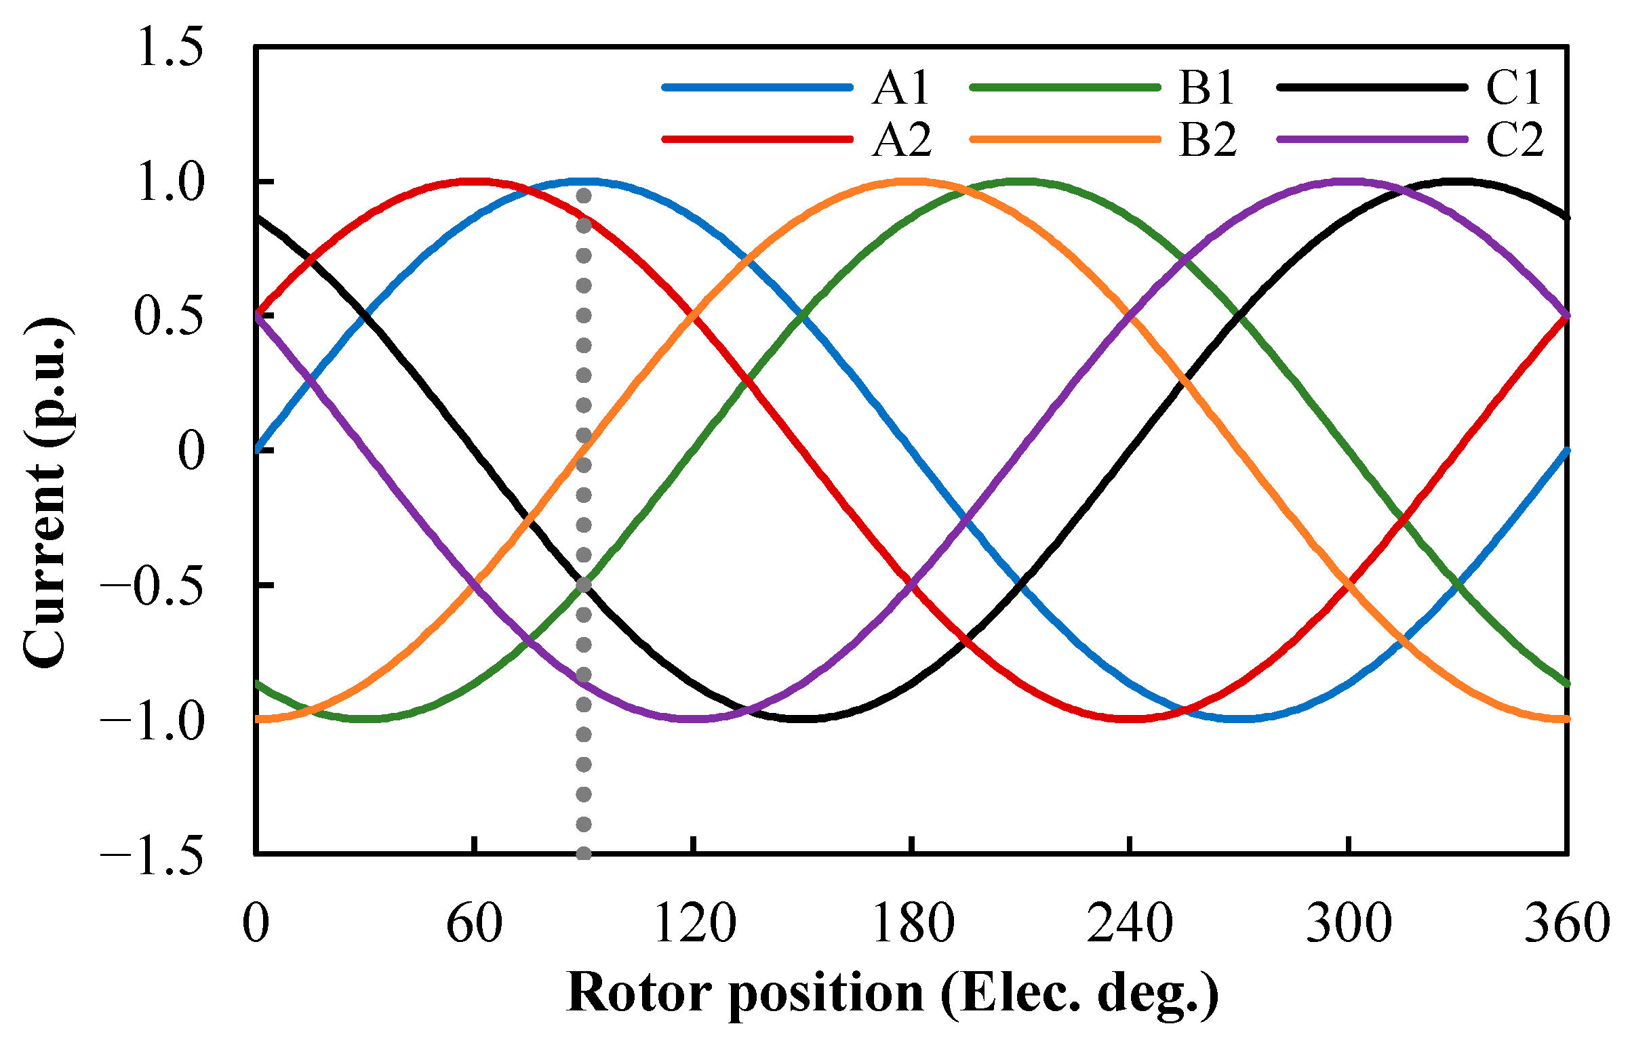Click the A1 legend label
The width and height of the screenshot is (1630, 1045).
coord(901,88)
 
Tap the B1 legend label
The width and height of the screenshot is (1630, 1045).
coord(1206,88)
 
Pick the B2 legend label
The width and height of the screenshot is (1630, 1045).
coord(1208,140)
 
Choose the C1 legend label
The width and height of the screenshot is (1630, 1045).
coord(1514,88)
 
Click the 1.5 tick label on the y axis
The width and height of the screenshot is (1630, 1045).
coord(170,49)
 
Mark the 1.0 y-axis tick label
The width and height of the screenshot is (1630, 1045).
coord(170,183)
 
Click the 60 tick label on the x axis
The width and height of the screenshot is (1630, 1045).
coord(474,924)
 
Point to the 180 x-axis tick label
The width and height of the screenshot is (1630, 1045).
coord(913,924)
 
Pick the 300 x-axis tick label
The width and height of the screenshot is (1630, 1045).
coord(1349,924)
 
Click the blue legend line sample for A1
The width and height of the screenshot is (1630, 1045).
coord(757,87)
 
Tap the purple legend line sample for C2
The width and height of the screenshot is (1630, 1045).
coord(1372,140)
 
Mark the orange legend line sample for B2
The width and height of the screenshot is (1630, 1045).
coord(1065,140)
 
